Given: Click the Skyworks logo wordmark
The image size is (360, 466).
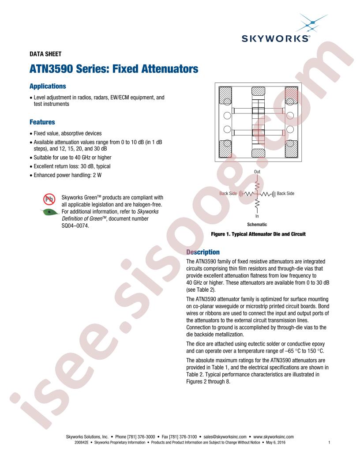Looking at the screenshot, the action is pos(276,39).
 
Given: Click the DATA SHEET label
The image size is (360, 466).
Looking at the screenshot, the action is pos(45,54).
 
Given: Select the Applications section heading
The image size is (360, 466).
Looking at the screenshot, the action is pos(48,86).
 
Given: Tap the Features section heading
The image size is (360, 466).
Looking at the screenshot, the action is pos(42,122).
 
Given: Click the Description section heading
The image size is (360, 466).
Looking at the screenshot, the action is pos(203,252).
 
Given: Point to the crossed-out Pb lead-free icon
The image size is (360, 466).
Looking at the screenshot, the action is pos(49,199).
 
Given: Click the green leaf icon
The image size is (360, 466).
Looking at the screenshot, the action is pos(49,212).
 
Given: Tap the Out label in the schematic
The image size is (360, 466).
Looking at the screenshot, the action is pos(257,172).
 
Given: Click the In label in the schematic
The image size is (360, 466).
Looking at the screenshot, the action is pos(257,216).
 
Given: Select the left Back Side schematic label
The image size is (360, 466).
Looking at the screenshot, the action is pos(228,193).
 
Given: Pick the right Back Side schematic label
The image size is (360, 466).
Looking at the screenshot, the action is pos(285,193).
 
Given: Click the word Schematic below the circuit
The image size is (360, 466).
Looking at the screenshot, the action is pos(257,225).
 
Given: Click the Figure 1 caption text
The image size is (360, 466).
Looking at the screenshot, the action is pos(258,234).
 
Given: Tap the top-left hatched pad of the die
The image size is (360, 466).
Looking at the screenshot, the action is pos(225,95).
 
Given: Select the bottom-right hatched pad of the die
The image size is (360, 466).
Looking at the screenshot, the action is pos(291,149).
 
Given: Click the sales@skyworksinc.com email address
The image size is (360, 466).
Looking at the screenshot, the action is pos(225,437).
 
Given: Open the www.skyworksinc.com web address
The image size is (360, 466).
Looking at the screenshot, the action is pos(273,437).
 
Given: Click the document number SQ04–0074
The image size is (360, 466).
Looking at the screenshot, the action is pos(75,226).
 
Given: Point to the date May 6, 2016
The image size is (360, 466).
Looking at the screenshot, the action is pos(276,443).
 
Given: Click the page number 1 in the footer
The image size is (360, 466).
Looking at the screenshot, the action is pos(329,443).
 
